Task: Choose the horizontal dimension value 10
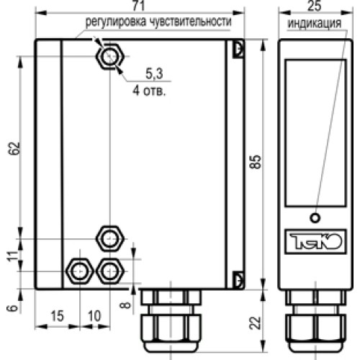point(94,318)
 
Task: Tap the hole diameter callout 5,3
point(153,74)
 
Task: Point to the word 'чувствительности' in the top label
point(191,22)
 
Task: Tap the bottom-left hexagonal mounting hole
point(77,271)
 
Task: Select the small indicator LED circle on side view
point(314,218)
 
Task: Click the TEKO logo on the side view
point(314,238)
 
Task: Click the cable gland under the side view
point(313,320)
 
